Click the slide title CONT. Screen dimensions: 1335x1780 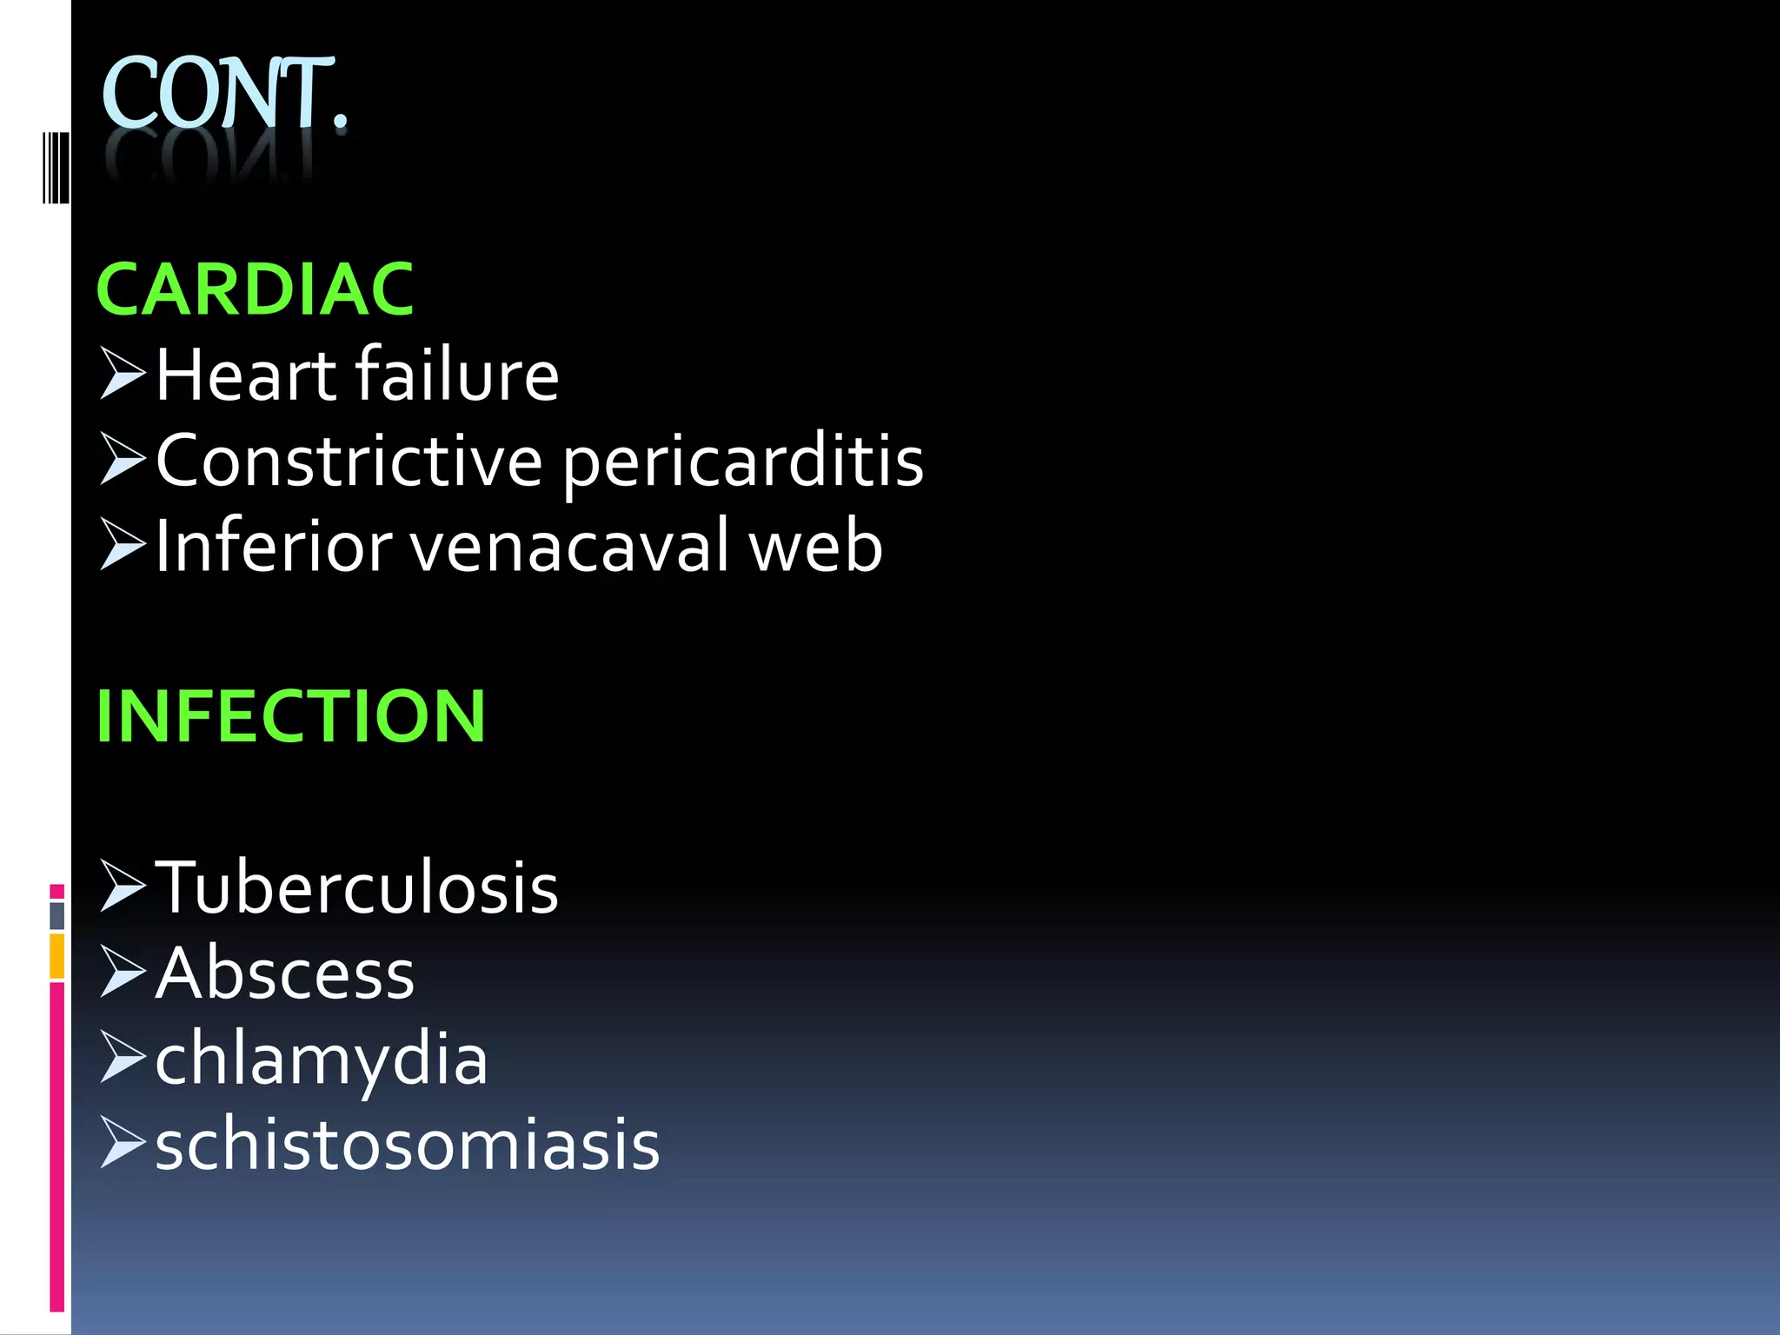(x=224, y=94)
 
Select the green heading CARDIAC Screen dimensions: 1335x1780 (x=255, y=289)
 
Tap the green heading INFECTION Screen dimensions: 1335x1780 (x=290, y=716)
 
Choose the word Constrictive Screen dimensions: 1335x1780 (x=349, y=461)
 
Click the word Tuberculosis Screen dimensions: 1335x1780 (x=356, y=887)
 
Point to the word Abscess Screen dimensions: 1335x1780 (x=285, y=973)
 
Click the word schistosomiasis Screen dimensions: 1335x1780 (x=408, y=1146)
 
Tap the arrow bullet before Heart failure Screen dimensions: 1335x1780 (x=122, y=373)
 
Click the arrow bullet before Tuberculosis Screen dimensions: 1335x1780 (x=122, y=886)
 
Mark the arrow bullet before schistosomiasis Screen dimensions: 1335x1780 (x=122, y=1142)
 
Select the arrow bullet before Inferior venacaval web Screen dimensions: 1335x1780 (x=122, y=544)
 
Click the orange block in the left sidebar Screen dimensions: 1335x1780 (x=56, y=955)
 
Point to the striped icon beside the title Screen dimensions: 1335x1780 (x=56, y=167)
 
